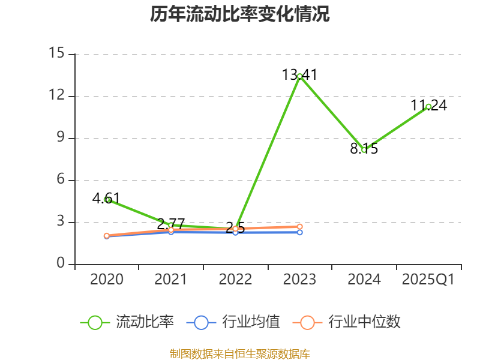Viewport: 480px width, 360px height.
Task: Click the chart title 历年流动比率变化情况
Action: [240, 14]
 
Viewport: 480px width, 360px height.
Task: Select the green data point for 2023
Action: [299, 76]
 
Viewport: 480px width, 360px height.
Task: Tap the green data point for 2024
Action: [364, 150]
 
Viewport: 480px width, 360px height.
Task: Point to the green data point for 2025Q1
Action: [428, 106]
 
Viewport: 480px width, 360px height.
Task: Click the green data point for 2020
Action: [107, 199]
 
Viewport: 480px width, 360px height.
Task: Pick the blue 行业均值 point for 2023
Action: [299, 232]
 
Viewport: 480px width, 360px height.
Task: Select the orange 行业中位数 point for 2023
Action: [299, 226]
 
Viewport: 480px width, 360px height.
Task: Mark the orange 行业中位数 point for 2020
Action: [107, 236]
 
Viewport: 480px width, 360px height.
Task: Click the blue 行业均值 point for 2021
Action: [171, 232]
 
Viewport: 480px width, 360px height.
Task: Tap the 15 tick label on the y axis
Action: [56, 54]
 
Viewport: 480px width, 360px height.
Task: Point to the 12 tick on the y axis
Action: [56, 96]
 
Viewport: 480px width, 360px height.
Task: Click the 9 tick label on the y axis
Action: [60, 138]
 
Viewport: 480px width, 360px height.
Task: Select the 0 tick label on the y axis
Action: [60, 264]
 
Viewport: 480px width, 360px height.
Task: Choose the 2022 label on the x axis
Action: [235, 280]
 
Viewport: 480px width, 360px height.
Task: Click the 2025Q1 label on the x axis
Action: [428, 280]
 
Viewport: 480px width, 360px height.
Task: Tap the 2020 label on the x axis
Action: [107, 280]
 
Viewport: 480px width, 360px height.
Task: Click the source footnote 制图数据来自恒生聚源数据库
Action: [240, 353]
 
